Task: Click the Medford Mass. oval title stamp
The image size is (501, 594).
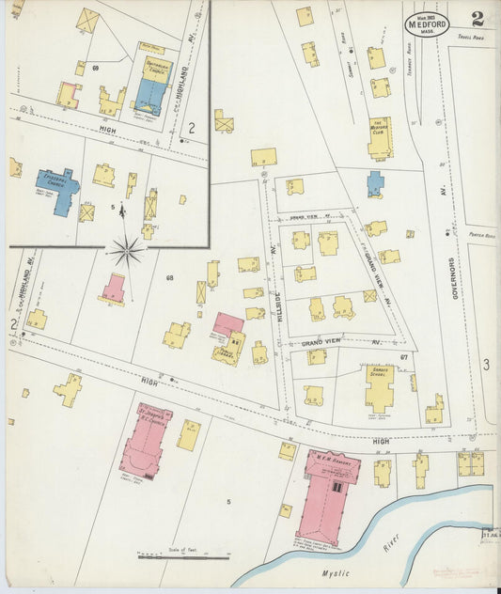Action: click(427, 23)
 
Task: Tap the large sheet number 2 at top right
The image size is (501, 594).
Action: click(478, 20)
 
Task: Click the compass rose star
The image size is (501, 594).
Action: click(126, 250)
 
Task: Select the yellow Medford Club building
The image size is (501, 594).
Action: click(381, 136)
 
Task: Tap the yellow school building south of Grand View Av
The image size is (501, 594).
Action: click(380, 386)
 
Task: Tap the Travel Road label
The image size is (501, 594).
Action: click(470, 39)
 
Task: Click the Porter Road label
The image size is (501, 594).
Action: click(468, 236)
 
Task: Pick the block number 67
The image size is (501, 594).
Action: click(403, 357)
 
